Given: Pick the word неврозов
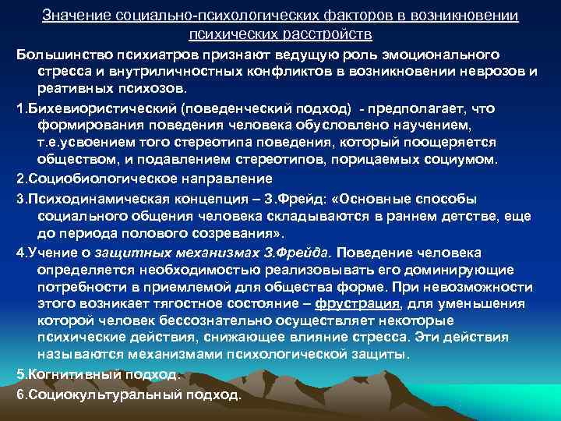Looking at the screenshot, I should (x=473, y=73).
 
